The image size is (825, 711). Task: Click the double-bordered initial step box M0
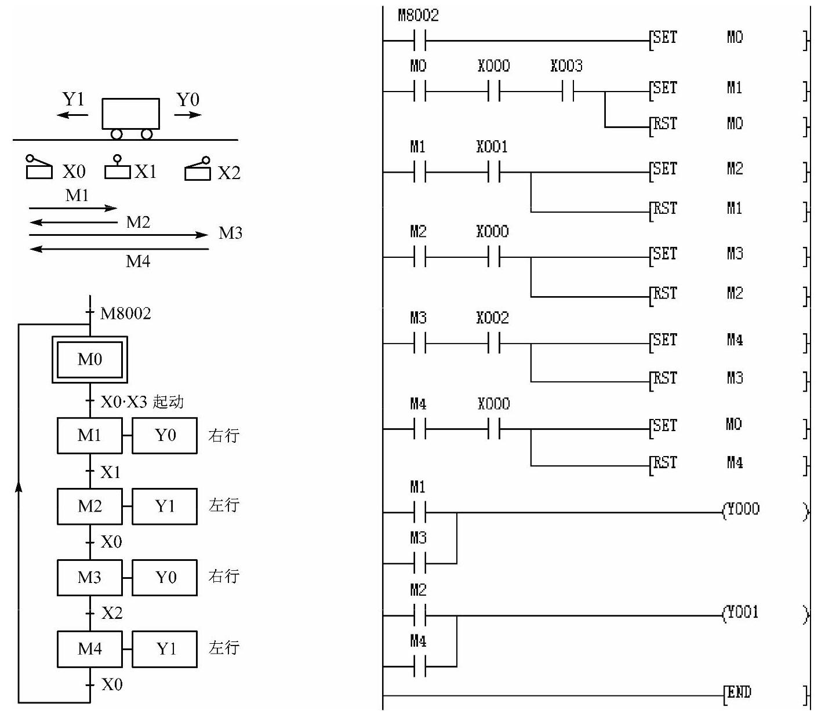pos(90,359)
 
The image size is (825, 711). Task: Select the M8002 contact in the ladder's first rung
pos(420,41)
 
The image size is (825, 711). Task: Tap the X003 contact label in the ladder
pos(566,66)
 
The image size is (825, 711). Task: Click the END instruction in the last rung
pos(739,692)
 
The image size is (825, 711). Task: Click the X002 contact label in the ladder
pos(493,318)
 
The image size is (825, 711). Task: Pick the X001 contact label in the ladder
pos(492,147)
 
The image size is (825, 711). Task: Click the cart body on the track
pos(130,114)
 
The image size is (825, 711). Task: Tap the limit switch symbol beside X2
pos(198,169)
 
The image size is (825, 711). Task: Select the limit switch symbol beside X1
pos(117,167)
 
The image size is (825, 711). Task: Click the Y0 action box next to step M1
pos(165,436)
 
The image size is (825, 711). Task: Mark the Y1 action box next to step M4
pos(165,649)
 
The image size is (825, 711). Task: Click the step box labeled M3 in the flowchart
pos(90,578)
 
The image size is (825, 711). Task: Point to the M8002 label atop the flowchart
pos(125,313)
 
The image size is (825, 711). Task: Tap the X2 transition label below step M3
pos(112,613)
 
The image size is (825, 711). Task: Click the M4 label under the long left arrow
pos(138,261)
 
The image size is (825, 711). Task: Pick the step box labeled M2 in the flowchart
pos(90,506)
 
